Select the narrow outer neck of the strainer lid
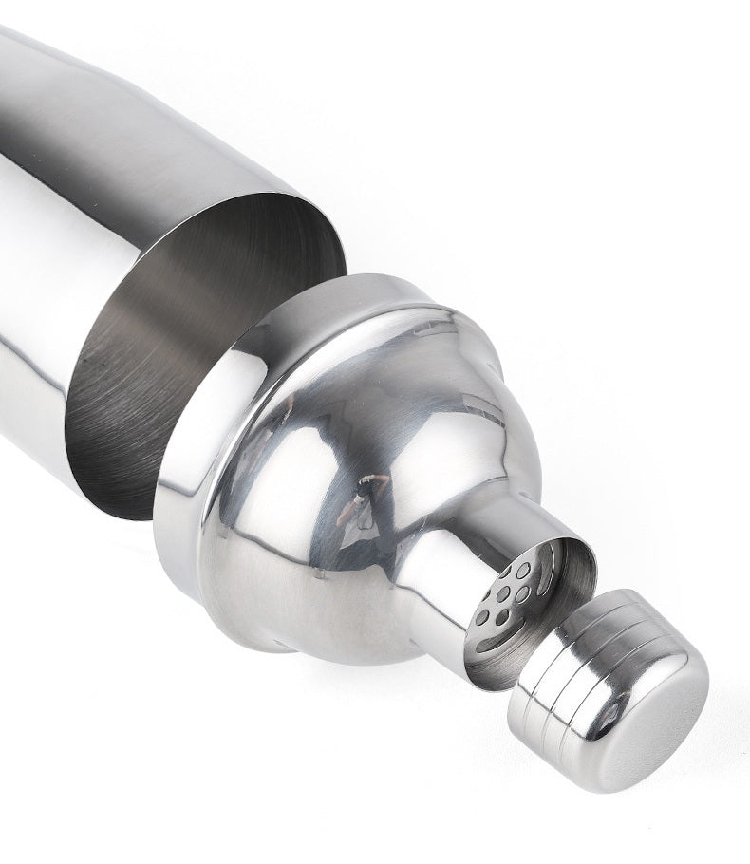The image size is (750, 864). click(x=446, y=560)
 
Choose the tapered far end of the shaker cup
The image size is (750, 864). click(x=28, y=76)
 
